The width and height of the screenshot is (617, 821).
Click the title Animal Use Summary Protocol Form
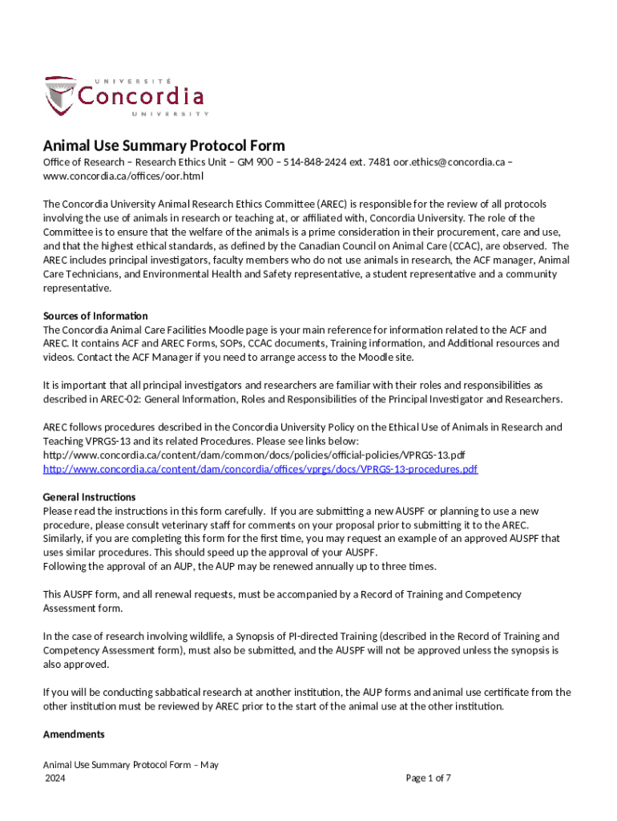(x=163, y=145)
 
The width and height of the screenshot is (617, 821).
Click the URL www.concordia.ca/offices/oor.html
(x=123, y=176)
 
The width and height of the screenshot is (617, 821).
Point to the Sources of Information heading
(x=95, y=316)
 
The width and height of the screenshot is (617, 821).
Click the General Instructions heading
(x=89, y=497)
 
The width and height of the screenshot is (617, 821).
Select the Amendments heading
(x=74, y=734)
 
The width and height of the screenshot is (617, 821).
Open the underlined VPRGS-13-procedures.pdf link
(x=260, y=469)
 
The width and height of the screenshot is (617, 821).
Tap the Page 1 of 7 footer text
(x=429, y=778)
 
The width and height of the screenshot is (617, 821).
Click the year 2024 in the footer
(x=55, y=779)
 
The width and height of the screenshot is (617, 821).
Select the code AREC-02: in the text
(x=124, y=399)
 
